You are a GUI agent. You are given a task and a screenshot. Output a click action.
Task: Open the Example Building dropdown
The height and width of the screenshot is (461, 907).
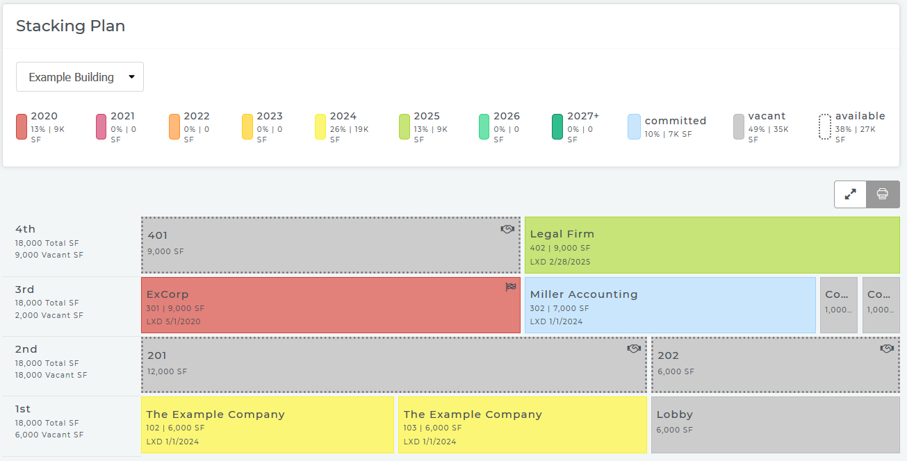(x=79, y=77)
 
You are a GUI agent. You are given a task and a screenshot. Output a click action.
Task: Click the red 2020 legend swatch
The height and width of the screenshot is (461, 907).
(x=22, y=127)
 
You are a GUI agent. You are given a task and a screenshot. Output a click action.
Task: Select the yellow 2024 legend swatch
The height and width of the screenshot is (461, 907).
(x=320, y=127)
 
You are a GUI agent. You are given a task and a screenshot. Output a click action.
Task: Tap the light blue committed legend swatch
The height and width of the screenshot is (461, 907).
(x=634, y=127)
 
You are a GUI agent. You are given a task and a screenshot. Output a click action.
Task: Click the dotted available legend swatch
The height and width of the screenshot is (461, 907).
(x=825, y=127)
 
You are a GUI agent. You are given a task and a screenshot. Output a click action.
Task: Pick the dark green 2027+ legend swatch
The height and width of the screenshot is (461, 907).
(x=557, y=127)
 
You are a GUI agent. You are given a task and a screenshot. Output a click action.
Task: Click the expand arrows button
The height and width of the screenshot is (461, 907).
(x=850, y=194)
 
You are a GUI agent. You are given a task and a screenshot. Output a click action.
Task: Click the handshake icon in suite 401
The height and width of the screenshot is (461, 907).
(x=507, y=229)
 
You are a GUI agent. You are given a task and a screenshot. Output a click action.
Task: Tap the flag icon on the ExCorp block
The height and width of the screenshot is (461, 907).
(x=511, y=287)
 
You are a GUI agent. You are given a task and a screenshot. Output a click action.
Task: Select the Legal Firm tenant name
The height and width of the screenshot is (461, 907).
(x=562, y=234)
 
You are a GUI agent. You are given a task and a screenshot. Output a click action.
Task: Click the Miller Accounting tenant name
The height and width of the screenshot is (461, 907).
(x=583, y=294)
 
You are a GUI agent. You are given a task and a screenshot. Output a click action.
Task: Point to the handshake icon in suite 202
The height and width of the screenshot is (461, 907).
(x=886, y=349)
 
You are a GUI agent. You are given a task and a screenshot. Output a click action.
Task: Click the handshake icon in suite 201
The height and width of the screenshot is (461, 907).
(x=633, y=349)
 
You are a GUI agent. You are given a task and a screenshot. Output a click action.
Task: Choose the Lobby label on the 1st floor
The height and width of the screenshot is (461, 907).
(x=674, y=414)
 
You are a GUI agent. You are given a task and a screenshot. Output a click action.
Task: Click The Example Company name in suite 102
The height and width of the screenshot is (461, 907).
(x=215, y=414)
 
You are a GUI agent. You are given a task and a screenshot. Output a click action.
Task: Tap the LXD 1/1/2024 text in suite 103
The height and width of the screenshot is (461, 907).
(x=430, y=442)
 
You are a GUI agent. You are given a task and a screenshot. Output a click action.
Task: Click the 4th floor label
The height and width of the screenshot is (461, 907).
(x=25, y=229)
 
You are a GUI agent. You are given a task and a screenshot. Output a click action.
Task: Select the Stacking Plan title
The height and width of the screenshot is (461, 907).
(x=70, y=26)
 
